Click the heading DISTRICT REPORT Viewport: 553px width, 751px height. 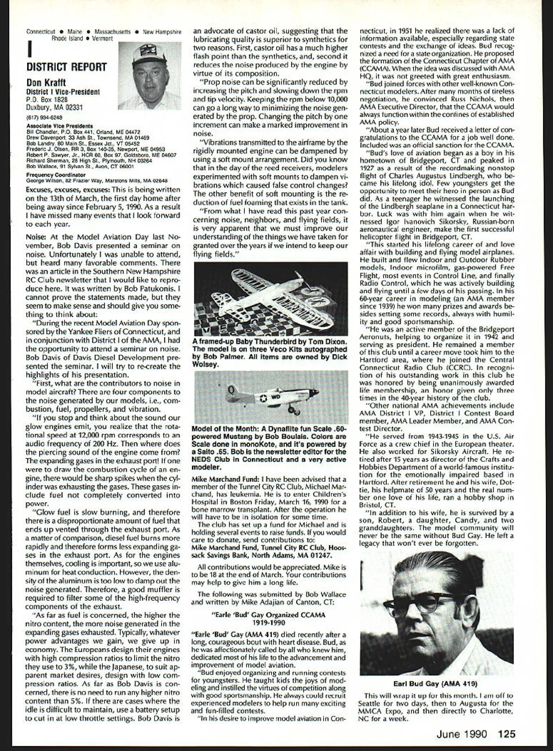(66, 67)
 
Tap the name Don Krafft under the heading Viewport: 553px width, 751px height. (47, 83)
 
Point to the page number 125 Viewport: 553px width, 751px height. (507, 733)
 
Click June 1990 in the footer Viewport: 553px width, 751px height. (462, 733)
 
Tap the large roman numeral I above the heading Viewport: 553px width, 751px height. (30, 49)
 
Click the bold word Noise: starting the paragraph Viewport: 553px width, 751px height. (36, 236)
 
